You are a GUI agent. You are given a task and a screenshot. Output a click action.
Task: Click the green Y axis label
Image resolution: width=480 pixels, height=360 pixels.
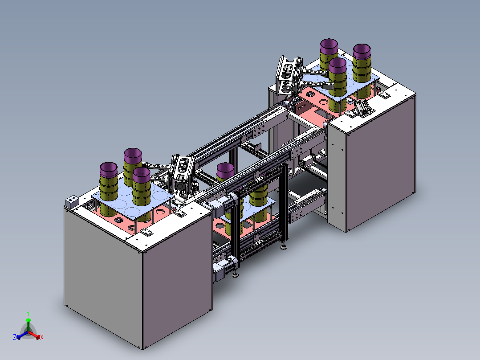pyautogui.click(x=28, y=313)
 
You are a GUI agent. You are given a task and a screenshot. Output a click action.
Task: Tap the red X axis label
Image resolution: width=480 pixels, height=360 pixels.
pyautogui.click(x=42, y=337)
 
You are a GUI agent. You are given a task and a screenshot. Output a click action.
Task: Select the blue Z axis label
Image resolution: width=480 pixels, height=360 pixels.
pyautogui.click(x=15, y=337)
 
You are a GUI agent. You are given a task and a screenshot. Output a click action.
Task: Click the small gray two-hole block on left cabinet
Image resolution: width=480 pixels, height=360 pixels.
pyautogui.click(x=72, y=201)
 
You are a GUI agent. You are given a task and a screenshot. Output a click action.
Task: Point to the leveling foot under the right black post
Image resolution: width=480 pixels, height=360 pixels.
pyautogui.click(x=284, y=246)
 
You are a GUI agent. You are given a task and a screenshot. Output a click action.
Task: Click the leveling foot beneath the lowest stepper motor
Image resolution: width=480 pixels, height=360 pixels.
pyautogui.click(x=235, y=274)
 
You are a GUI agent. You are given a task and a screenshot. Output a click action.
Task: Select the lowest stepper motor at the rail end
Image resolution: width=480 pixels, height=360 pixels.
pyautogui.click(x=226, y=269)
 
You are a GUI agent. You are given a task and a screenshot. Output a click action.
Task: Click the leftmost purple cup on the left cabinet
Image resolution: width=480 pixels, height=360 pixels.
pyautogui.click(x=109, y=170)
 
